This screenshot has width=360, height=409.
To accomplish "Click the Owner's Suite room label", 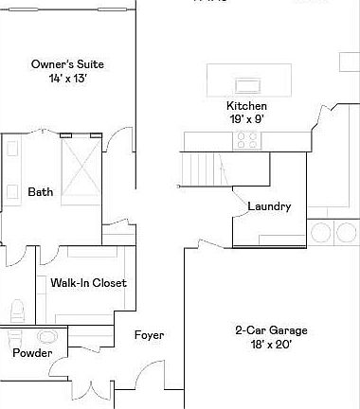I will [x=67, y=64].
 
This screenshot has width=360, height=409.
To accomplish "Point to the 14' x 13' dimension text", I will [x=68, y=80].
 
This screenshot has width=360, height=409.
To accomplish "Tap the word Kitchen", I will [x=246, y=106].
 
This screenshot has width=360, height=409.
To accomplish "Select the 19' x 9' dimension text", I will [x=246, y=120].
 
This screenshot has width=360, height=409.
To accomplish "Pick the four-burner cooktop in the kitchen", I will [x=247, y=140].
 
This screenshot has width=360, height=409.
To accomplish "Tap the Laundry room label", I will [x=268, y=206].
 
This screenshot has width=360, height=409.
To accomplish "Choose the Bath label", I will [x=41, y=192].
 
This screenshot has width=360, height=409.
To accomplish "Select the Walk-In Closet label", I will [x=88, y=282].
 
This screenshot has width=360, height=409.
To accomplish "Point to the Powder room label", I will [x=32, y=353].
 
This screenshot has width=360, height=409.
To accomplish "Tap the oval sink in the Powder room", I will [x=46, y=336].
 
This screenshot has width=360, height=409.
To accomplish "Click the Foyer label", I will [x=149, y=335].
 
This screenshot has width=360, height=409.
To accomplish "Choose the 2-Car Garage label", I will [x=271, y=329].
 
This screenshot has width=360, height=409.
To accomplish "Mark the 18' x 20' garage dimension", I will [x=271, y=345].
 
